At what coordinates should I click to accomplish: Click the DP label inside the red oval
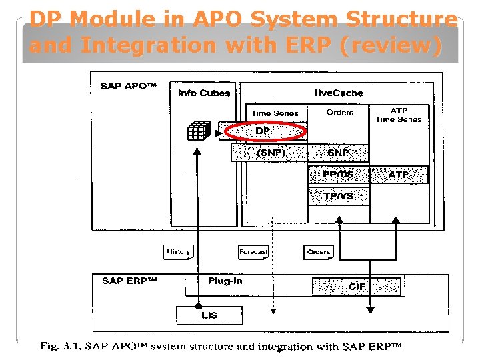click(263, 131)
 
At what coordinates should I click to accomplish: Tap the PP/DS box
click(338, 175)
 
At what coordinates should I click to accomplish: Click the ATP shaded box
click(399, 175)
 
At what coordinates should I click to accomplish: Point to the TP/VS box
click(338, 196)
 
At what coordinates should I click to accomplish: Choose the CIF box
click(357, 287)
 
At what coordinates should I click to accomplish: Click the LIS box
click(209, 315)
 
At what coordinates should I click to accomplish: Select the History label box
click(178, 252)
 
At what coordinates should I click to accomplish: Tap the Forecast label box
click(253, 252)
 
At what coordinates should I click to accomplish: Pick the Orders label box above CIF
click(319, 252)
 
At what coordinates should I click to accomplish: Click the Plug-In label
click(225, 281)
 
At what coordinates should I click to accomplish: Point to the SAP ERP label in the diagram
click(129, 281)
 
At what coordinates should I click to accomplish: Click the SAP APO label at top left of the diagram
click(128, 86)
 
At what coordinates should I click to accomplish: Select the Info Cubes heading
click(204, 93)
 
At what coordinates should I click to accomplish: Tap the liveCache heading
click(339, 93)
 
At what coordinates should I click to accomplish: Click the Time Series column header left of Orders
click(275, 113)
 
